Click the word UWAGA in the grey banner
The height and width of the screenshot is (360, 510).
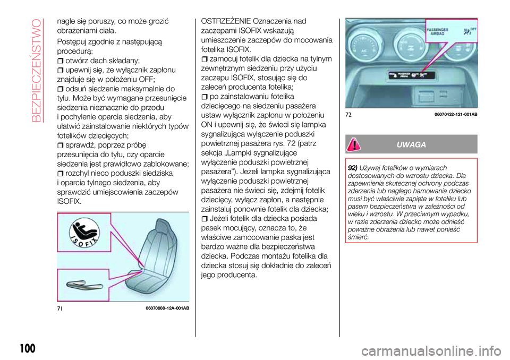coord(414,145)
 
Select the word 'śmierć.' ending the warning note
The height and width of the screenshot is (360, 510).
coord(359,236)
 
